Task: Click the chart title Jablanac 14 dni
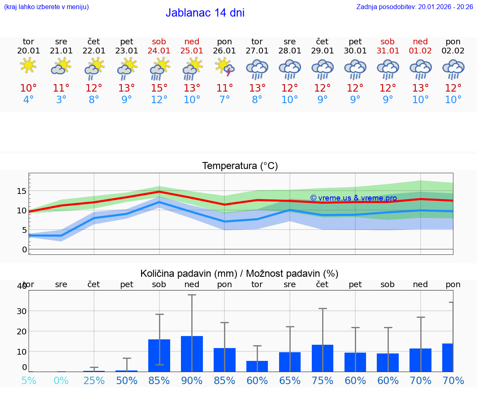coord(205,13)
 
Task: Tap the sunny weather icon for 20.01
coord(28,65)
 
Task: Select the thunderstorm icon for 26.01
coord(224,67)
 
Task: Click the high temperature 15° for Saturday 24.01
coord(159,88)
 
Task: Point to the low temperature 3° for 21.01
coord(61,100)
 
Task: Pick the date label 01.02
coord(420,51)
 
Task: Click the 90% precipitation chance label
coord(192,380)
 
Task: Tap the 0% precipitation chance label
coord(61,380)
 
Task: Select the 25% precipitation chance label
coord(94,380)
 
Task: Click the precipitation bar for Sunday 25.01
coord(192,354)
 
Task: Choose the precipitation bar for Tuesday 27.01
coord(257,366)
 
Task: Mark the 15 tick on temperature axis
coord(22,191)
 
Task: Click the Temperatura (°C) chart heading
coord(240,166)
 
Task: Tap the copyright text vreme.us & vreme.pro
coord(353,198)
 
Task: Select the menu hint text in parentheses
coord(46,7)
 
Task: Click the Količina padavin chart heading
coord(239,273)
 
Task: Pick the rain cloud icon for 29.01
coord(323,69)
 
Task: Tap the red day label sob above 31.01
coord(388,41)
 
